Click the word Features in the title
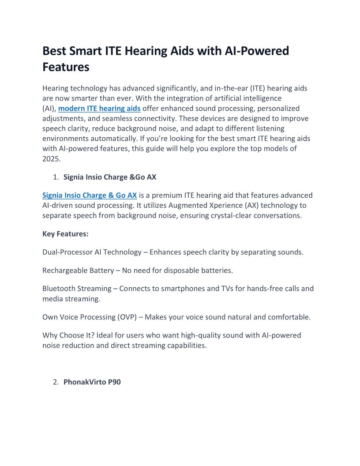[x=66, y=67]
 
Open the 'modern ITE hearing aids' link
[x=99, y=108]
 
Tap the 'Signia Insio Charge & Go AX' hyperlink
[x=90, y=195]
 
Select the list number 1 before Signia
[x=56, y=177]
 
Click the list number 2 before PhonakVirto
[x=56, y=382]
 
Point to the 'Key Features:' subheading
[x=65, y=234]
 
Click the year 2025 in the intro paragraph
[x=51, y=159]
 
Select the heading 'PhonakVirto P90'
[x=92, y=382]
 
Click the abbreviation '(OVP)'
[x=131, y=317]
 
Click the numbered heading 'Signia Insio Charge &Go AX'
[x=110, y=177]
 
